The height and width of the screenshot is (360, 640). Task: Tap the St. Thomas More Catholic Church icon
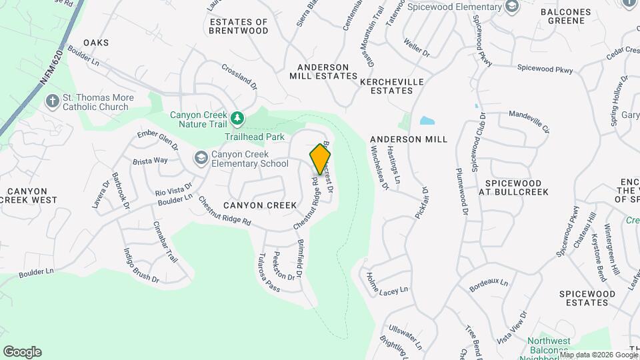[x=52, y=102]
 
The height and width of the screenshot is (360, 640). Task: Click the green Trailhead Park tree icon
[x=237, y=119]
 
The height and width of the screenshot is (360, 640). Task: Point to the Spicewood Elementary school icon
[x=512, y=7]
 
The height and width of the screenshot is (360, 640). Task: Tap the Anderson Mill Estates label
[x=323, y=71]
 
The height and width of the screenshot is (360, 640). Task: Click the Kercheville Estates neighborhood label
[x=391, y=85]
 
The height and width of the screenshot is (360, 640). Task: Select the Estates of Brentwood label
[x=239, y=26]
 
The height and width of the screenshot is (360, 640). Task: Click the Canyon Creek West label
[x=29, y=195]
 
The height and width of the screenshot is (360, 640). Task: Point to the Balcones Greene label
[x=567, y=17]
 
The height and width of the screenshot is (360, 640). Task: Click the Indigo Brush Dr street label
[x=141, y=266]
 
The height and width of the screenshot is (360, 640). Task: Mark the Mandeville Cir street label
[x=529, y=121]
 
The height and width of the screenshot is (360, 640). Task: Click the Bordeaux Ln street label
[x=489, y=285]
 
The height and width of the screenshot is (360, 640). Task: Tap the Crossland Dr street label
[x=239, y=76]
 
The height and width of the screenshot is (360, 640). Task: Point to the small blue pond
[x=427, y=121]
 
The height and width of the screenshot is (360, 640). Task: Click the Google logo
[x=22, y=352]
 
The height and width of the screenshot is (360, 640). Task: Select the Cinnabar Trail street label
[x=165, y=241]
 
